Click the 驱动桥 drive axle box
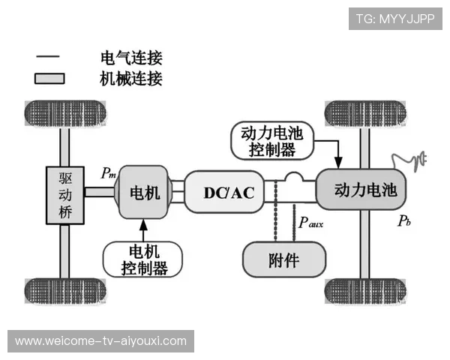coord(64,193)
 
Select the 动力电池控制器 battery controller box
coord(271,141)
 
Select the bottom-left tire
coord(65,292)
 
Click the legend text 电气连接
coord(131,58)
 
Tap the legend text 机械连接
coord(131,78)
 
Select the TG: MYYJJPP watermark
coord(395,18)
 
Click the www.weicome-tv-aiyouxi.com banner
coord(101,341)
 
